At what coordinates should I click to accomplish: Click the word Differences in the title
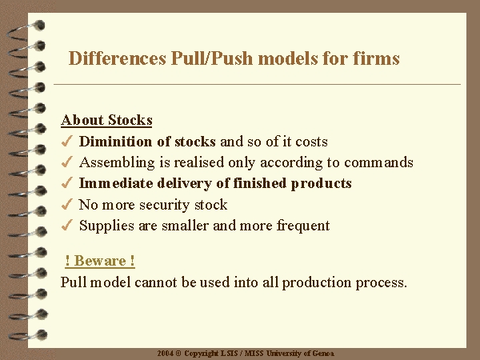point(118,58)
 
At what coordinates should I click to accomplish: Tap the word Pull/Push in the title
point(212,58)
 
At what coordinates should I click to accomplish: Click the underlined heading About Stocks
point(106,120)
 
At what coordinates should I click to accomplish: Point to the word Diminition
point(115,141)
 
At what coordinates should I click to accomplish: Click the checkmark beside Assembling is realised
point(66,162)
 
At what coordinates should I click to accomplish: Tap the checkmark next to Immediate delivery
point(66,182)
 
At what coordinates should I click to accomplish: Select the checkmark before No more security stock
point(66,204)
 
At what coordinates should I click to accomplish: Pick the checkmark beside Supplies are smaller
point(66,225)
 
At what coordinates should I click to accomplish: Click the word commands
point(378,162)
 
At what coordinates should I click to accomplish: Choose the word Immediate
point(116,183)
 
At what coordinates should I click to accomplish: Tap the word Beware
point(100,261)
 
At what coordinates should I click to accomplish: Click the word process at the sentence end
point(381,282)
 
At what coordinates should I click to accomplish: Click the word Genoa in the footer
point(322,354)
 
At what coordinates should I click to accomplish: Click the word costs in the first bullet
point(311,142)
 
